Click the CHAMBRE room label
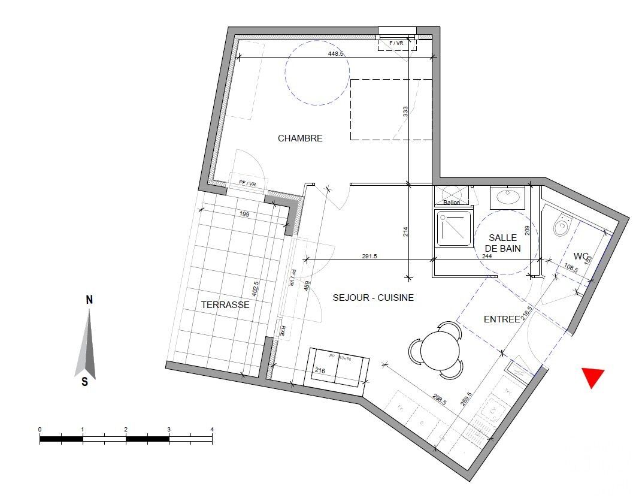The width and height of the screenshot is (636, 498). (x=300, y=138)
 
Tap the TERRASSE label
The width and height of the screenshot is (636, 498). (x=225, y=304)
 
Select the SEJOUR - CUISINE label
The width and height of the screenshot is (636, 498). (x=374, y=297)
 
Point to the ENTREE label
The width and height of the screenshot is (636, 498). (x=501, y=319)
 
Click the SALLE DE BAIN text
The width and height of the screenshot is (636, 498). (x=502, y=243)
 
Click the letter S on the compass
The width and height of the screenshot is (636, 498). (x=85, y=381)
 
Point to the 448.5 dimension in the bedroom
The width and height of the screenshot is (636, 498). (x=336, y=53)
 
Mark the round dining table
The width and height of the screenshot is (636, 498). (x=440, y=351)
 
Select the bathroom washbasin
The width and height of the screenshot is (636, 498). (x=507, y=197)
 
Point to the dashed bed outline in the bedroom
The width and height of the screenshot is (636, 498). (x=391, y=110)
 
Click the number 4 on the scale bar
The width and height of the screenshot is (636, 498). (x=212, y=430)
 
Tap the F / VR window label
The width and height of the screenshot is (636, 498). (x=396, y=43)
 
